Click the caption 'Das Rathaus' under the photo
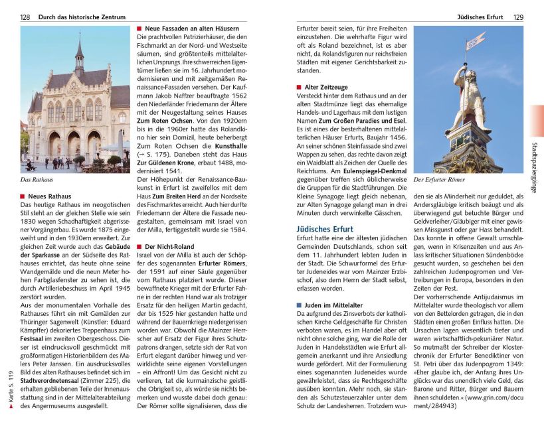pos(37,180)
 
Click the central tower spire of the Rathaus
pos(79,50)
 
